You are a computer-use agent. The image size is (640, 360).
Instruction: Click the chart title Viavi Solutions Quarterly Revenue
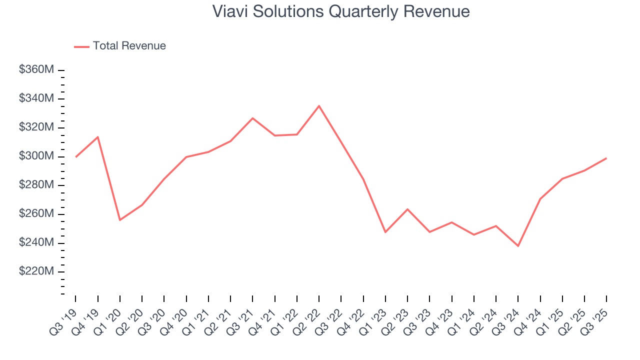click(x=340, y=11)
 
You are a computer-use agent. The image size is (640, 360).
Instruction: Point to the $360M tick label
click(x=36, y=70)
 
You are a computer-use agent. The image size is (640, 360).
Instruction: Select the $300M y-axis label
click(x=36, y=156)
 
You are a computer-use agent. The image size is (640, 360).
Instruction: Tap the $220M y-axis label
click(x=36, y=271)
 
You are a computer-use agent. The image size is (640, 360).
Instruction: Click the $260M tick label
click(x=36, y=213)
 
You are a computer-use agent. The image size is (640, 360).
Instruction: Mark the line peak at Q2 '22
click(x=319, y=106)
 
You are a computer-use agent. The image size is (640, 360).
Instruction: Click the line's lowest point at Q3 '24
click(x=518, y=246)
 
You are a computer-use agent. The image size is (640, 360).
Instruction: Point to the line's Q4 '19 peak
click(x=98, y=137)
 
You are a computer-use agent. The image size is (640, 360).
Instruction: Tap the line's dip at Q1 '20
click(x=120, y=220)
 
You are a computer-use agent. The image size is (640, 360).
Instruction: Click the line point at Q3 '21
click(x=252, y=118)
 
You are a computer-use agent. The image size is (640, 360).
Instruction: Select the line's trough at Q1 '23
click(x=385, y=232)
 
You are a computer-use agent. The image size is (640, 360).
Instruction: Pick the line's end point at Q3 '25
click(x=606, y=158)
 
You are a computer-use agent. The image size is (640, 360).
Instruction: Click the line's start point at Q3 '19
click(x=76, y=157)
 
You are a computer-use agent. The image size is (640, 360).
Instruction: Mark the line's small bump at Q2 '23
click(x=407, y=209)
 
